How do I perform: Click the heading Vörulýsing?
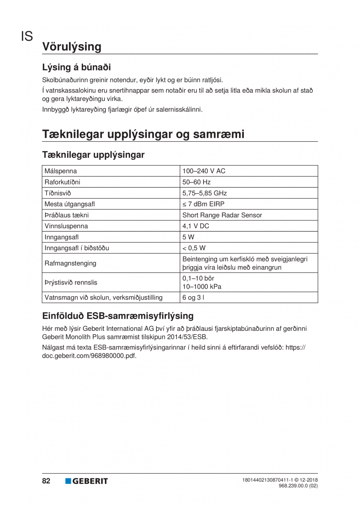coord(72,47)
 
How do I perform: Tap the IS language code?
coord(27,37)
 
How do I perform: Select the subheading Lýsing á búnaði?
coord(77,67)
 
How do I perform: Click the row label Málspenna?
coord(61,171)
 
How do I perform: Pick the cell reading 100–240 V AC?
coord(204,171)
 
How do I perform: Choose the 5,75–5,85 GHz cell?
coord(205,193)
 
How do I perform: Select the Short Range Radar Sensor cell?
coord(222,215)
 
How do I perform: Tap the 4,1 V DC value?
coord(196,226)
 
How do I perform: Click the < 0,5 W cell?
coord(194,248)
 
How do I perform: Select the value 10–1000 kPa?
coord(202,287)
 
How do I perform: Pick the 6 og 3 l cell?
coord(193,298)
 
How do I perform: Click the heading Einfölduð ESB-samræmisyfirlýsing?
coord(118,316)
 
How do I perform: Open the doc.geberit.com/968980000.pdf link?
coord(89,356)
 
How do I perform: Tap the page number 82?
coord(46,481)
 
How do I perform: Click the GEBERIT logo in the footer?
coord(86,481)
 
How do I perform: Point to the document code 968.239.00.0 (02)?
coord(298,486)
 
